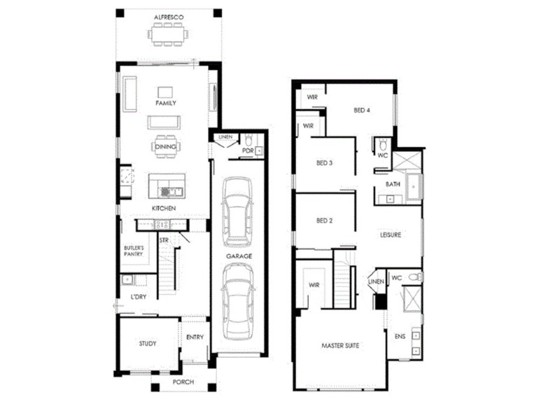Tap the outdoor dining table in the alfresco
167,33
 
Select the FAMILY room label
166,103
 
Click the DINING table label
166,146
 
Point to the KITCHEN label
164,209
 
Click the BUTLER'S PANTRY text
133,251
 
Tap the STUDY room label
147,344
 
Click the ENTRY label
195,337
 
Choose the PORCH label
184,382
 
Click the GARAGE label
239,256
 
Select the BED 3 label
324,163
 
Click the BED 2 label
324,220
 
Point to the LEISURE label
391,234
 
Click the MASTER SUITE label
340,346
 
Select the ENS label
400,337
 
